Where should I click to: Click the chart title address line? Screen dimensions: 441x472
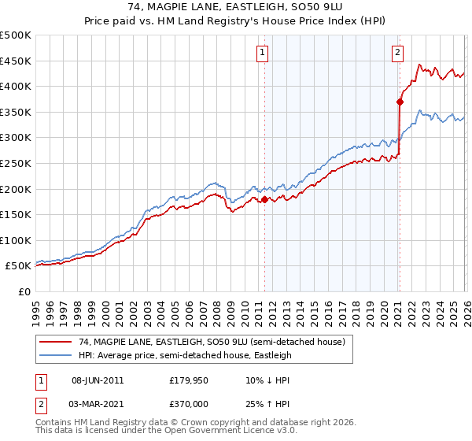236,7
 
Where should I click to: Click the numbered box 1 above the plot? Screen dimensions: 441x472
262,53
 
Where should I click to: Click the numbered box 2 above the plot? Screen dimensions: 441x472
397,53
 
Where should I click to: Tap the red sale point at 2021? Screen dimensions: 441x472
400,101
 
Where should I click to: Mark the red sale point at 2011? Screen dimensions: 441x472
264,199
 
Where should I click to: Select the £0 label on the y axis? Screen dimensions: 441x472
24,291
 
